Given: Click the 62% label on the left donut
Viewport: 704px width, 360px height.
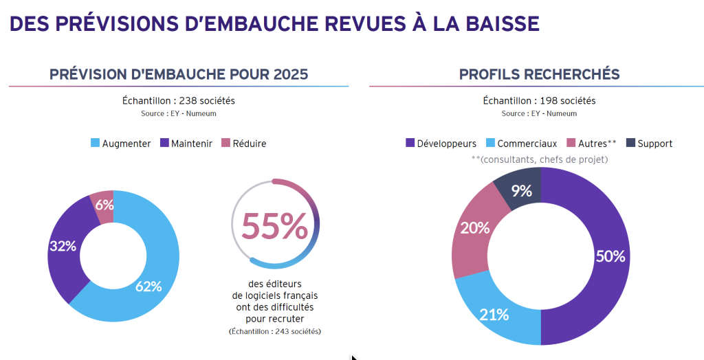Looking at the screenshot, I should click(x=148, y=286).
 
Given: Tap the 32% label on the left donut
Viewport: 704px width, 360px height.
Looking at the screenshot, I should click(x=63, y=245).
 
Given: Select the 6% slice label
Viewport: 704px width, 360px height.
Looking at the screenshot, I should click(x=104, y=204).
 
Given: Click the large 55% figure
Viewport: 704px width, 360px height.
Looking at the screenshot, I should click(x=274, y=226).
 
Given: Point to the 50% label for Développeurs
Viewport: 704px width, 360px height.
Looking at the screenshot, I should click(x=610, y=256).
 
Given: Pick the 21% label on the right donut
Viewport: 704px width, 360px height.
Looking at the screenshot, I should click(x=494, y=315).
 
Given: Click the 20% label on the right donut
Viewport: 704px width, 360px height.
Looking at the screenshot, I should click(x=475, y=227).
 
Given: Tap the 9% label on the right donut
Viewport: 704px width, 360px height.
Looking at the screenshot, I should click(x=522, y=191).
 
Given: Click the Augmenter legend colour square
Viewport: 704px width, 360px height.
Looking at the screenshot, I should click(x=95, y=144).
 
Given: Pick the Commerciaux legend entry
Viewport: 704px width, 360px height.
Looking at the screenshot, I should click(x=522, y=144).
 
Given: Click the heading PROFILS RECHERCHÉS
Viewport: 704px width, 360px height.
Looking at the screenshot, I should click(x=539, y=74).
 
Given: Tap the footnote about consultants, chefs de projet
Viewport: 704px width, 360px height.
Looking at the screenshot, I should click(x=539, y=159).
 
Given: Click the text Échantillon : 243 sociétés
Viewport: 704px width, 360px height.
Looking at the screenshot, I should click(x=275, y=331).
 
